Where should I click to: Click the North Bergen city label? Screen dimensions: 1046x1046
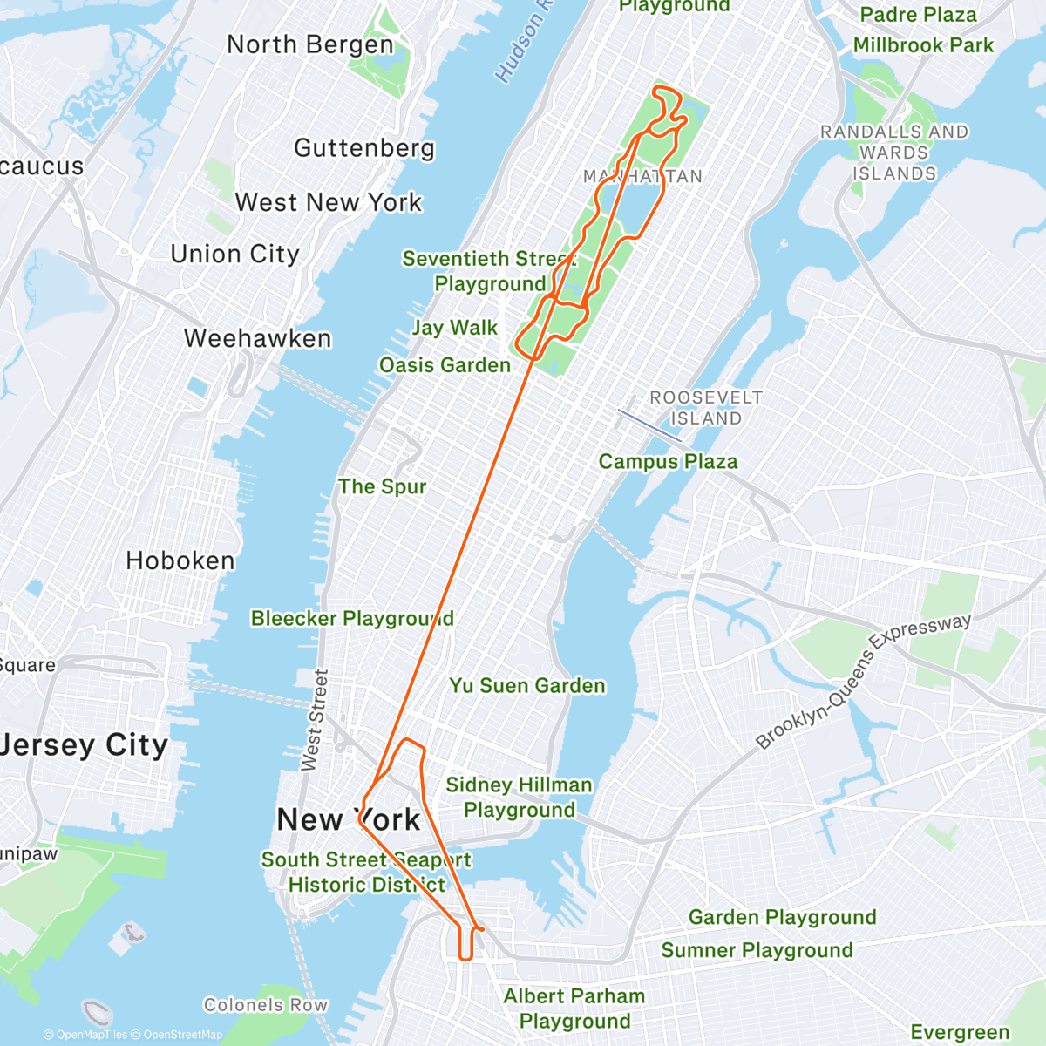[x=309, y=44]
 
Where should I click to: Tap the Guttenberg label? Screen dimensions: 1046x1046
[x=364, y=148]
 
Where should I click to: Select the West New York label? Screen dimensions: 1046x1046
[x=329, y=202]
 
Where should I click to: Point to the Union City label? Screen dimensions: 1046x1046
[x=235, y=254]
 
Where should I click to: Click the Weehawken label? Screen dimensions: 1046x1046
[x=258, y=338]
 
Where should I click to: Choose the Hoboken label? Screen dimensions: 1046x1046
[x=180, y=560]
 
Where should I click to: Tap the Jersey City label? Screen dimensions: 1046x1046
[x=85, y=745]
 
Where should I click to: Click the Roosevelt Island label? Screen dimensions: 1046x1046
[x=706, y=408]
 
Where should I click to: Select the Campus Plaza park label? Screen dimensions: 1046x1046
[x=668, y=462]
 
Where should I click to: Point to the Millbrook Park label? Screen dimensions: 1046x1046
[x=923, y=45]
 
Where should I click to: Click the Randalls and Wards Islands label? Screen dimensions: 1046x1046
[x=894, y=153]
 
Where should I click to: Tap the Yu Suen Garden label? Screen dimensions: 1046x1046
[x=527, y=686]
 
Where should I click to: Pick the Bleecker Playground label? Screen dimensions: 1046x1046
[x=352, y=619]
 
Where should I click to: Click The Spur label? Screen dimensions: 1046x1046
[x=382, y=486]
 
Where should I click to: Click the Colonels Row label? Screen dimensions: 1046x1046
[x=266, y=1005]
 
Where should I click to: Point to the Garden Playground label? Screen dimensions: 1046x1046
[x=782, y=917]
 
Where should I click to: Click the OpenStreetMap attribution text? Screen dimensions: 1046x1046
[x=182, y=1035]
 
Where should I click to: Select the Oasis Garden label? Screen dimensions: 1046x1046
[x=445, y=365]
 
